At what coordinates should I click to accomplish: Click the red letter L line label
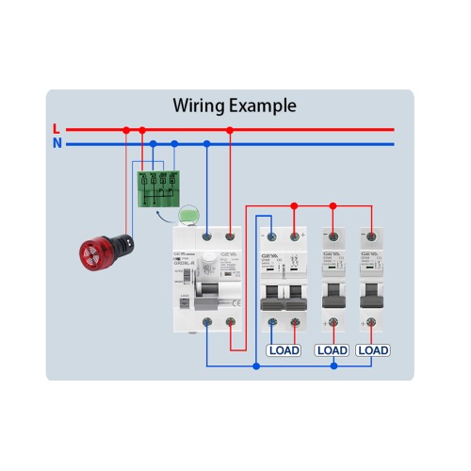click(57, 129)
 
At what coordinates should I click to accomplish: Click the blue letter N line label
click(57, 144)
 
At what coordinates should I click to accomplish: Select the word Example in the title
click(264, 106)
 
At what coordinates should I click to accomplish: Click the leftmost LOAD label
click(284, 350)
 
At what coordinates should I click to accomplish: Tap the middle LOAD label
click(332, 350)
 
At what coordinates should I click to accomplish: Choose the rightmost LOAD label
click(373, 350)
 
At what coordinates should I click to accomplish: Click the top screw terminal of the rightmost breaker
click(373, 235)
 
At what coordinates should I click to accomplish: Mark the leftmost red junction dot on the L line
click(125, 130)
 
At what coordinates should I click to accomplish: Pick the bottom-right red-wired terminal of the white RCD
click(230, 325)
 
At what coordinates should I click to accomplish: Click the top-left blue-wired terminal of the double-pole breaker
click(272, 235)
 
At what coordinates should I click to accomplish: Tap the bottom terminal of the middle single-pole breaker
click(332, 324)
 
